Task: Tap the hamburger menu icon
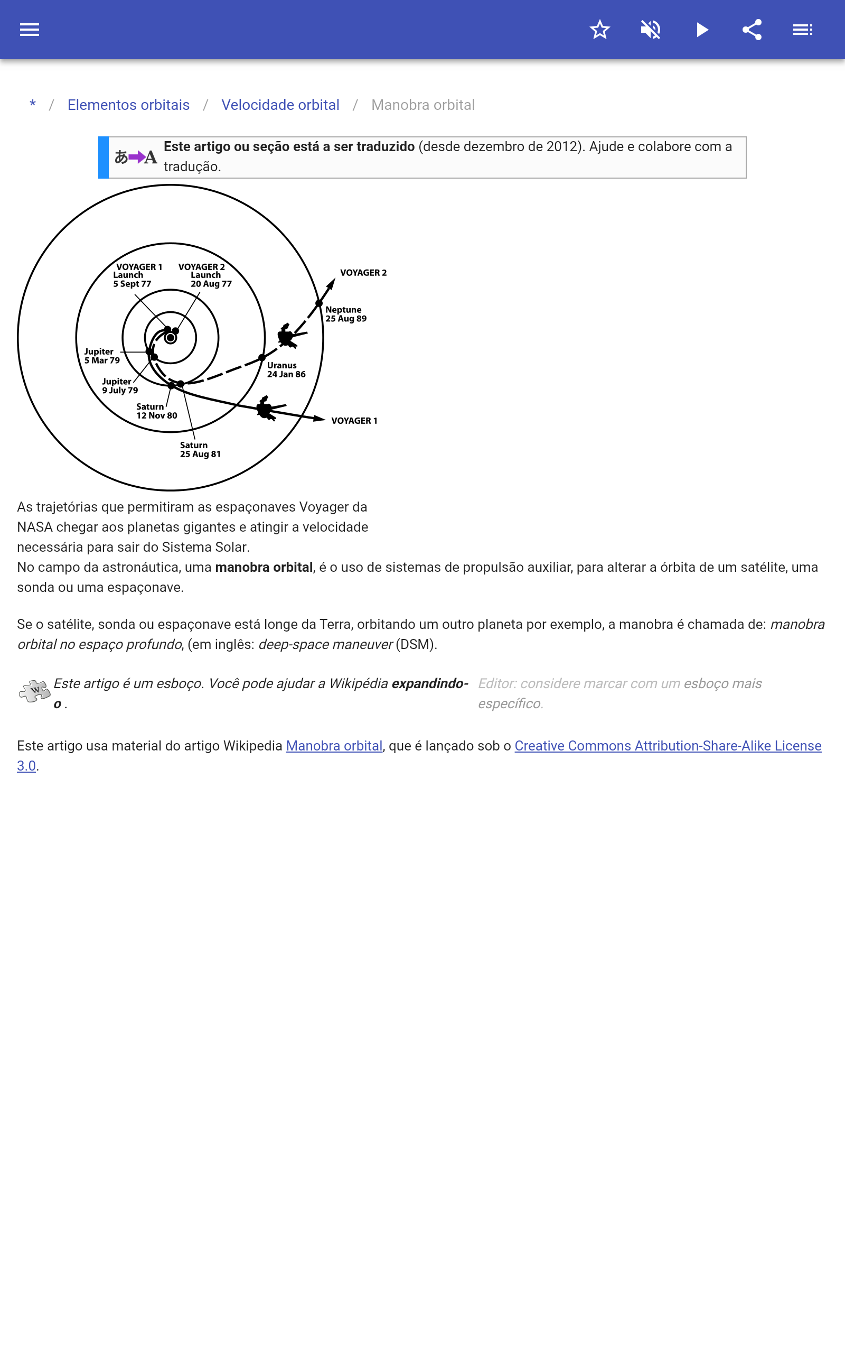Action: pos(30,30)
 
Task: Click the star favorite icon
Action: pos(599,30)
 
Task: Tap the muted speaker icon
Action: pos(651,30)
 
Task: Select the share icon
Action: pos(752,30)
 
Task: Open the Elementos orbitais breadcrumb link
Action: pos(128,105)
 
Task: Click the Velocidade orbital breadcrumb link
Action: pos(280,105)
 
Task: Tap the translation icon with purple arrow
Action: pos(136,157)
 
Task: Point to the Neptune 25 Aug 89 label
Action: pos(345,314)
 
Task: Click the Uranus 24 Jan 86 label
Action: pos(286,369)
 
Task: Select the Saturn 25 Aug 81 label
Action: pos(200,450)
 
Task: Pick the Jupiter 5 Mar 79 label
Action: pos(102,356)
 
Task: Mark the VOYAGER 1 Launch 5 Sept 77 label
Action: pos(136,275)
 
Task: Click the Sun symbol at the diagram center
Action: pos(171,338)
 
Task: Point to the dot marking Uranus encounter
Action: pos(261,358)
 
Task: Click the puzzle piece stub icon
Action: pos(34,691)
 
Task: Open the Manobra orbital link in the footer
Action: pos(334,746)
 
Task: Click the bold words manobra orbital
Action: pos(264,568)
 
